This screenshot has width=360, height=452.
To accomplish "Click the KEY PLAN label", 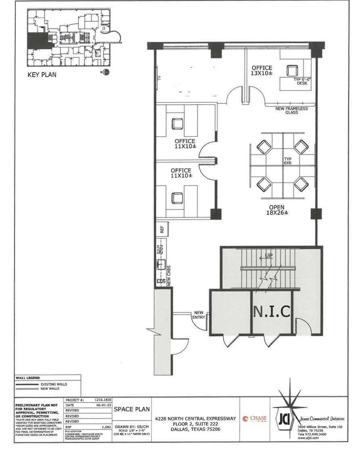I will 42,75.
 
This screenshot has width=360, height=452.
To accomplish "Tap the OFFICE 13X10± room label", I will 262,71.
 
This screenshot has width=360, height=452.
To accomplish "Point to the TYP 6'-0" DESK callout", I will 300,81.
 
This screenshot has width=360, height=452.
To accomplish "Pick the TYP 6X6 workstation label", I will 288,161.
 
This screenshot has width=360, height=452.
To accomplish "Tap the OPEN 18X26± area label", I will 276,210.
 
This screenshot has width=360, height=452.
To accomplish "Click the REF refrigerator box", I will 162,229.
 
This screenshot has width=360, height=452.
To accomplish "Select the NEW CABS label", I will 169,275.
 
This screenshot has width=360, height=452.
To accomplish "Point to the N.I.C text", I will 272,312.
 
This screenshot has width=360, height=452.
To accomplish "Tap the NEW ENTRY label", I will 199,315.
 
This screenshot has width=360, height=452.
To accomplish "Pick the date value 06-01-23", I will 104,405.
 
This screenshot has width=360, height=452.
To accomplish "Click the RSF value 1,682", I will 106,426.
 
